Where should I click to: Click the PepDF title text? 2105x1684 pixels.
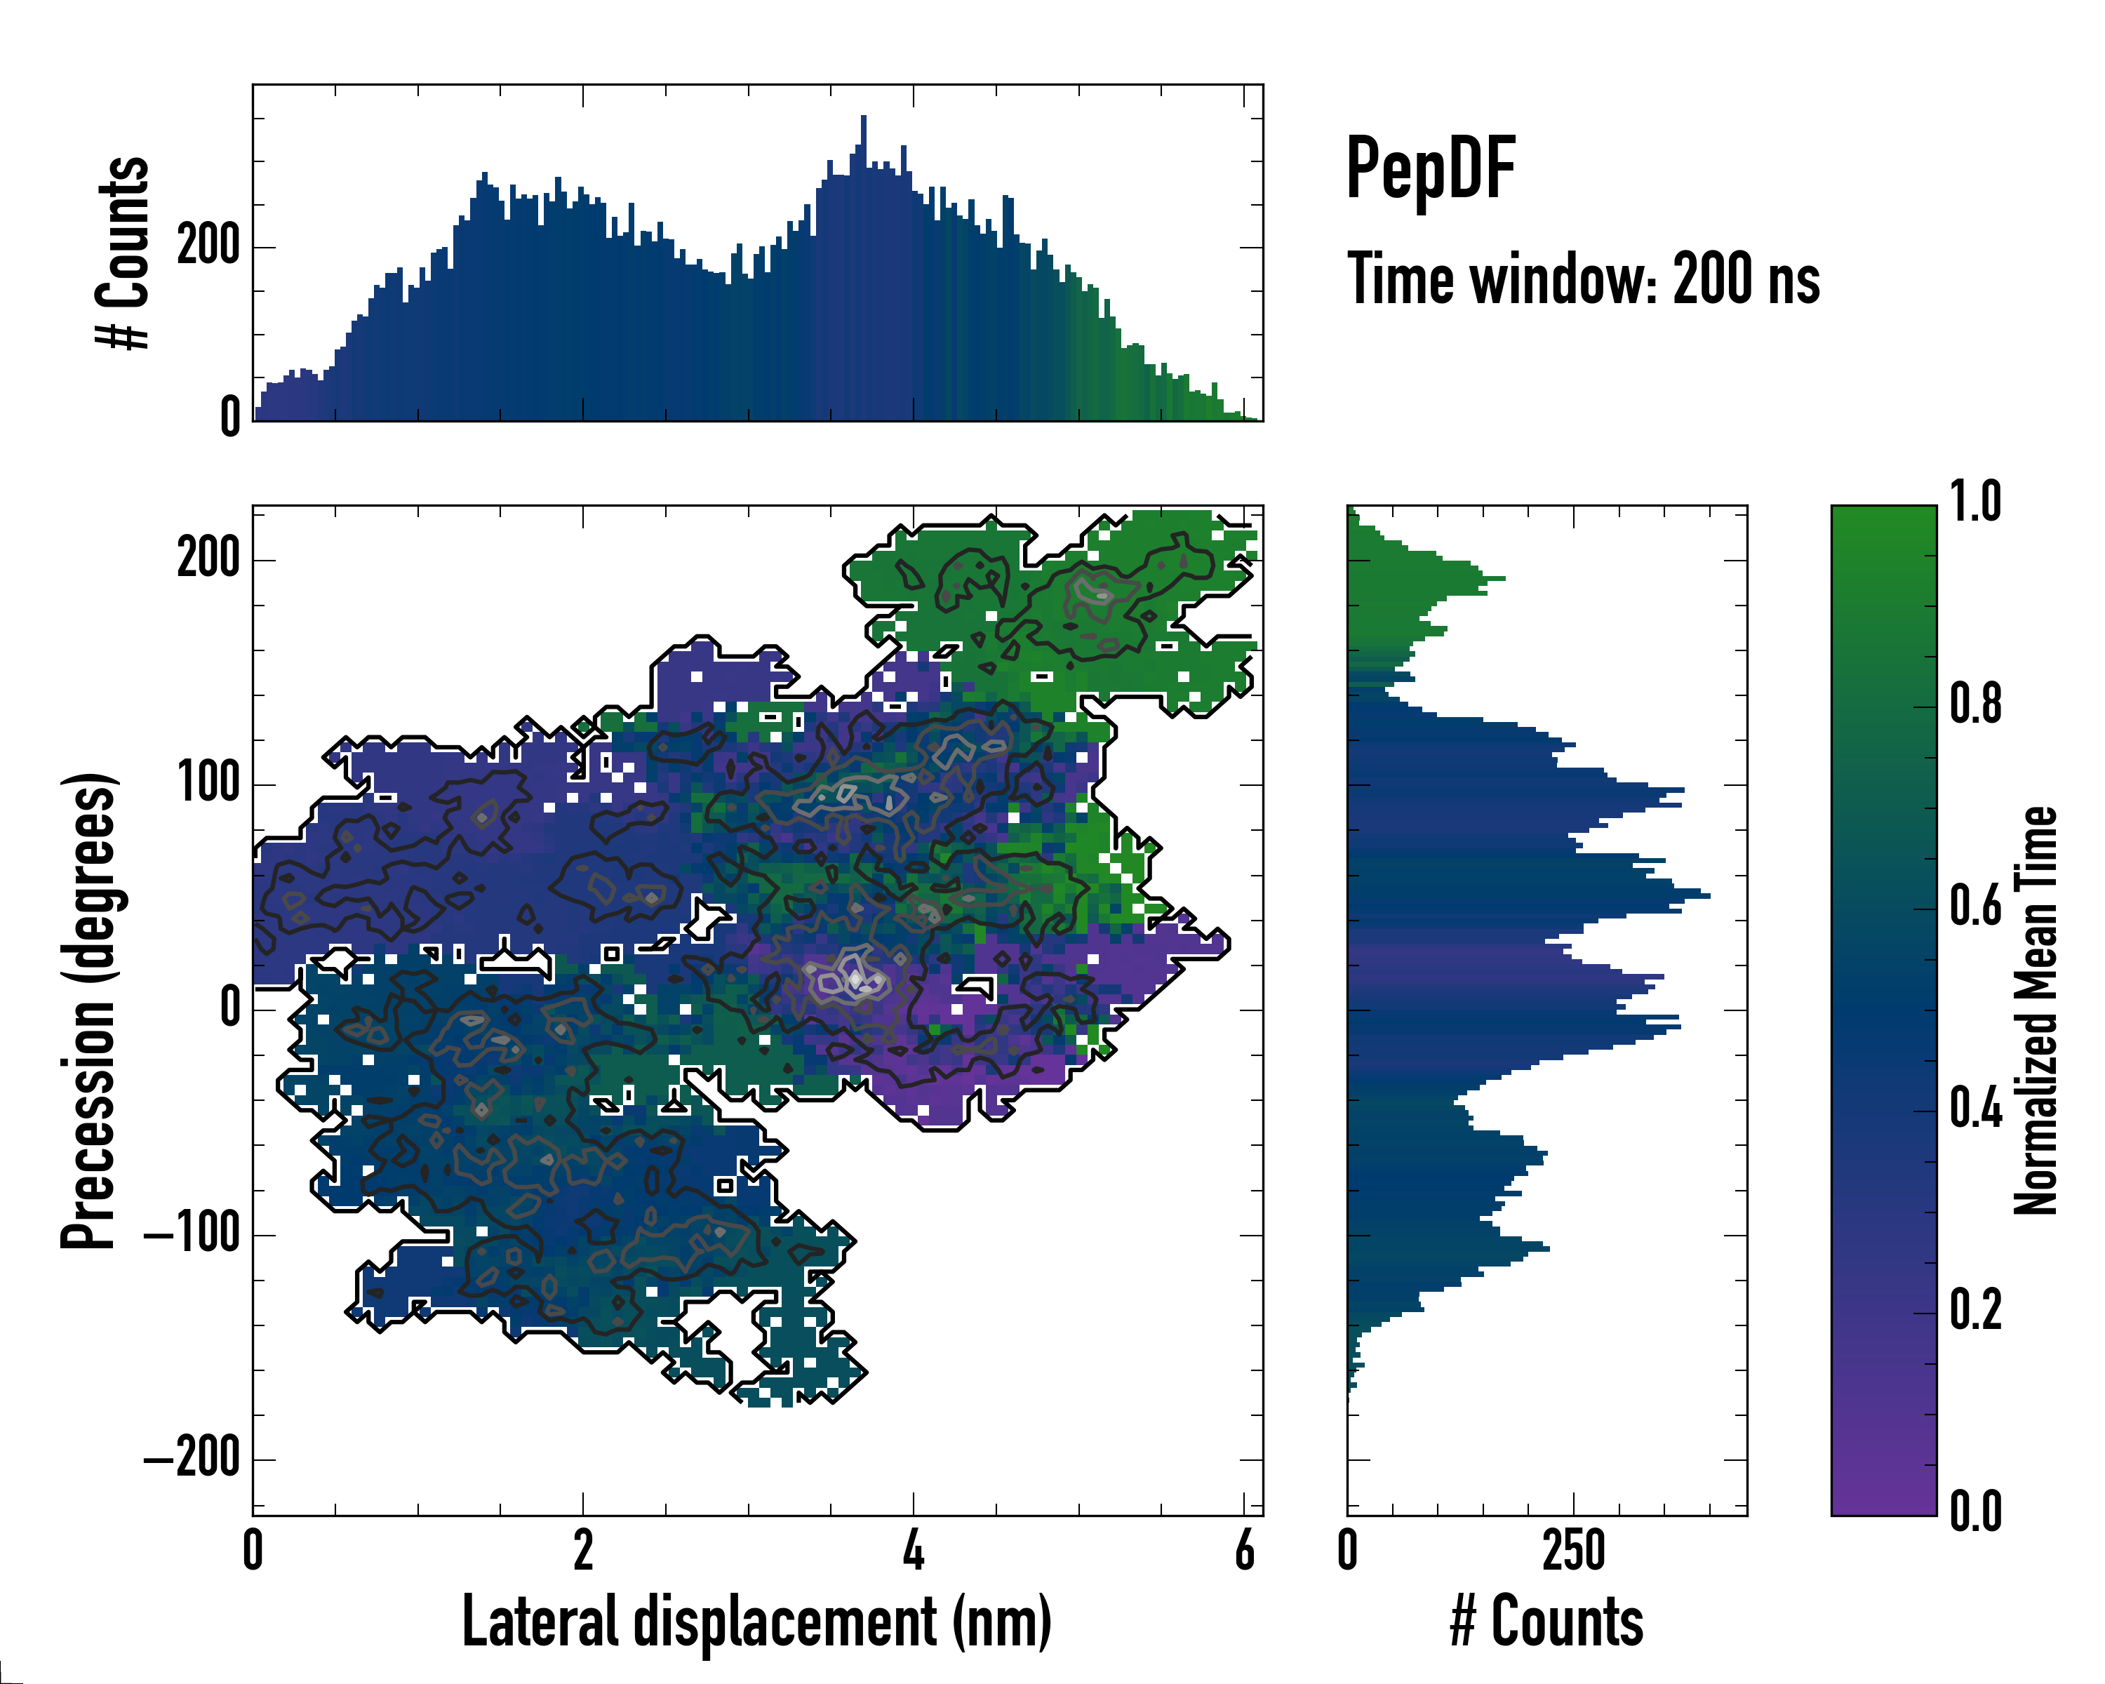pos(1429,170)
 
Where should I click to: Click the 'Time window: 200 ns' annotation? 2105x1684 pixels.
pos(1583,279)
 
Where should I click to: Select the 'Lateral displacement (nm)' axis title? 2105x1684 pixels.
pos(756,1622)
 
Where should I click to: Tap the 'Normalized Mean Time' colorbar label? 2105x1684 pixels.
pos(2035,1010)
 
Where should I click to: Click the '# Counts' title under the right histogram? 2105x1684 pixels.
pos(1546,1622)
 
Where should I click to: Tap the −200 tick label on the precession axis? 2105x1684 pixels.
pos(192,1459)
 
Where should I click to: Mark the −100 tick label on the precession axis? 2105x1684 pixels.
pos(192,1235)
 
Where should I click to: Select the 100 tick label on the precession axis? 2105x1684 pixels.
pos(208,784)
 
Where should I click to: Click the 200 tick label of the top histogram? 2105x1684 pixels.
pos(208,246)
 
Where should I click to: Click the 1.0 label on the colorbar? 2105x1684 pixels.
pos(1974,503)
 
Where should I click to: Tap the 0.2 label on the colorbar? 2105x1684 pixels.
pos(1974,1311)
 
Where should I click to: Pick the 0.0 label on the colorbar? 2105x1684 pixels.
pos(1974,1512)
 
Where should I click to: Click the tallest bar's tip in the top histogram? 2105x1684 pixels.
pos(863,117)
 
